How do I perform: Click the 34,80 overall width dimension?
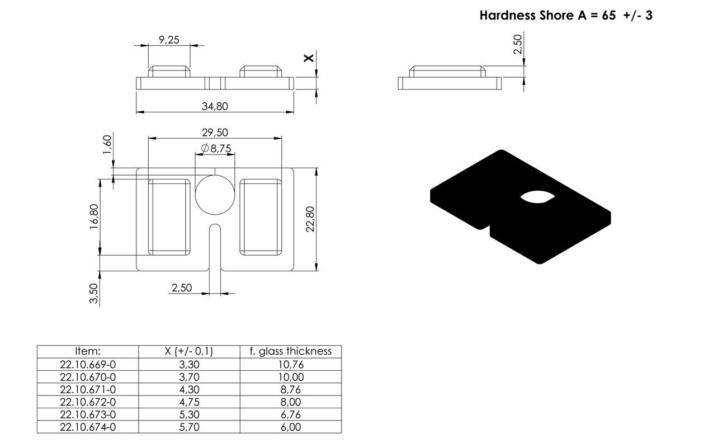(215, 106)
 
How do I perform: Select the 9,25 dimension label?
(169, 40)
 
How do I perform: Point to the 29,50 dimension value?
(215, 133)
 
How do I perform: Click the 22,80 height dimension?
(311, 219)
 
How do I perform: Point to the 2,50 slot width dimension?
(181, 287)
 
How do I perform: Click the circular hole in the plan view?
(215, 194)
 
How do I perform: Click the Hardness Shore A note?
(566, 15)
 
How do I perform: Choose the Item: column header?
(88, 351)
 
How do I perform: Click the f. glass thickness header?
(290, 351)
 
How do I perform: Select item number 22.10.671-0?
(88, 389)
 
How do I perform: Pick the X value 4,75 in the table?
(189, 402)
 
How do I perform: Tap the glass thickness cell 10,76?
(290, 364)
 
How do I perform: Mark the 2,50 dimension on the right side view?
(518, 44)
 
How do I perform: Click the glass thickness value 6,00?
(290, 427)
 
